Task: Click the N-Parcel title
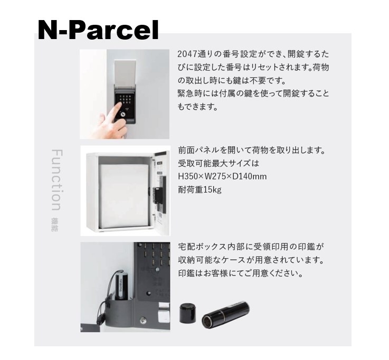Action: pos(98,30)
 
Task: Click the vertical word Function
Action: pos(56,180)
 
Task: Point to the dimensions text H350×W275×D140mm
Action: pos(222,176)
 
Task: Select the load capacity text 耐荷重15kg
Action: pos(200,190)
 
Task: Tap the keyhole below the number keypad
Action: pos(123,115)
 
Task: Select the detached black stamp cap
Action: pos(187,313)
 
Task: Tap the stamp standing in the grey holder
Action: pos(122,286)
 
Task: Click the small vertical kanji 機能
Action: pos(54,225)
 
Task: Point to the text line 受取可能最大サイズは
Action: pos(219,163)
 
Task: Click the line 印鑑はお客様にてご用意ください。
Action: pos(240,273)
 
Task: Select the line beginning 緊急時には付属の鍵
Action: pos(253,93)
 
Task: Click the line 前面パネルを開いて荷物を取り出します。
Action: pos(252,150)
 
